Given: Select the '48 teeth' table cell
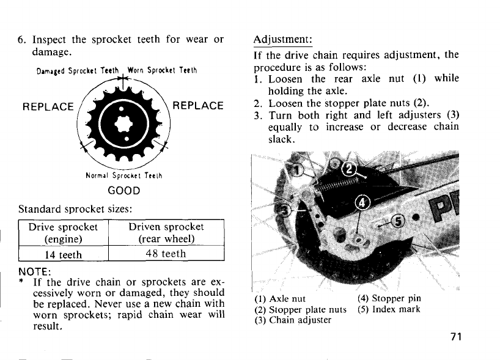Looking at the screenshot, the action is [x=166, y=253].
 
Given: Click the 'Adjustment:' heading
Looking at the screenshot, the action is [x=282, y=40].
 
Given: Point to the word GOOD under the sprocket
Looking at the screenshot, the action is [x=124, y=189].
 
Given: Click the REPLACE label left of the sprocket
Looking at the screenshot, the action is [x=48, y=106].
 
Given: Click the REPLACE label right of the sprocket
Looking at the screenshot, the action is [x=199, y=106].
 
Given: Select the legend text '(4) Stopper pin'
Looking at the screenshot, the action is [x=389, y=299].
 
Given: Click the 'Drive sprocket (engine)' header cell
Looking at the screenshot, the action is [x=63, y=232].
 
